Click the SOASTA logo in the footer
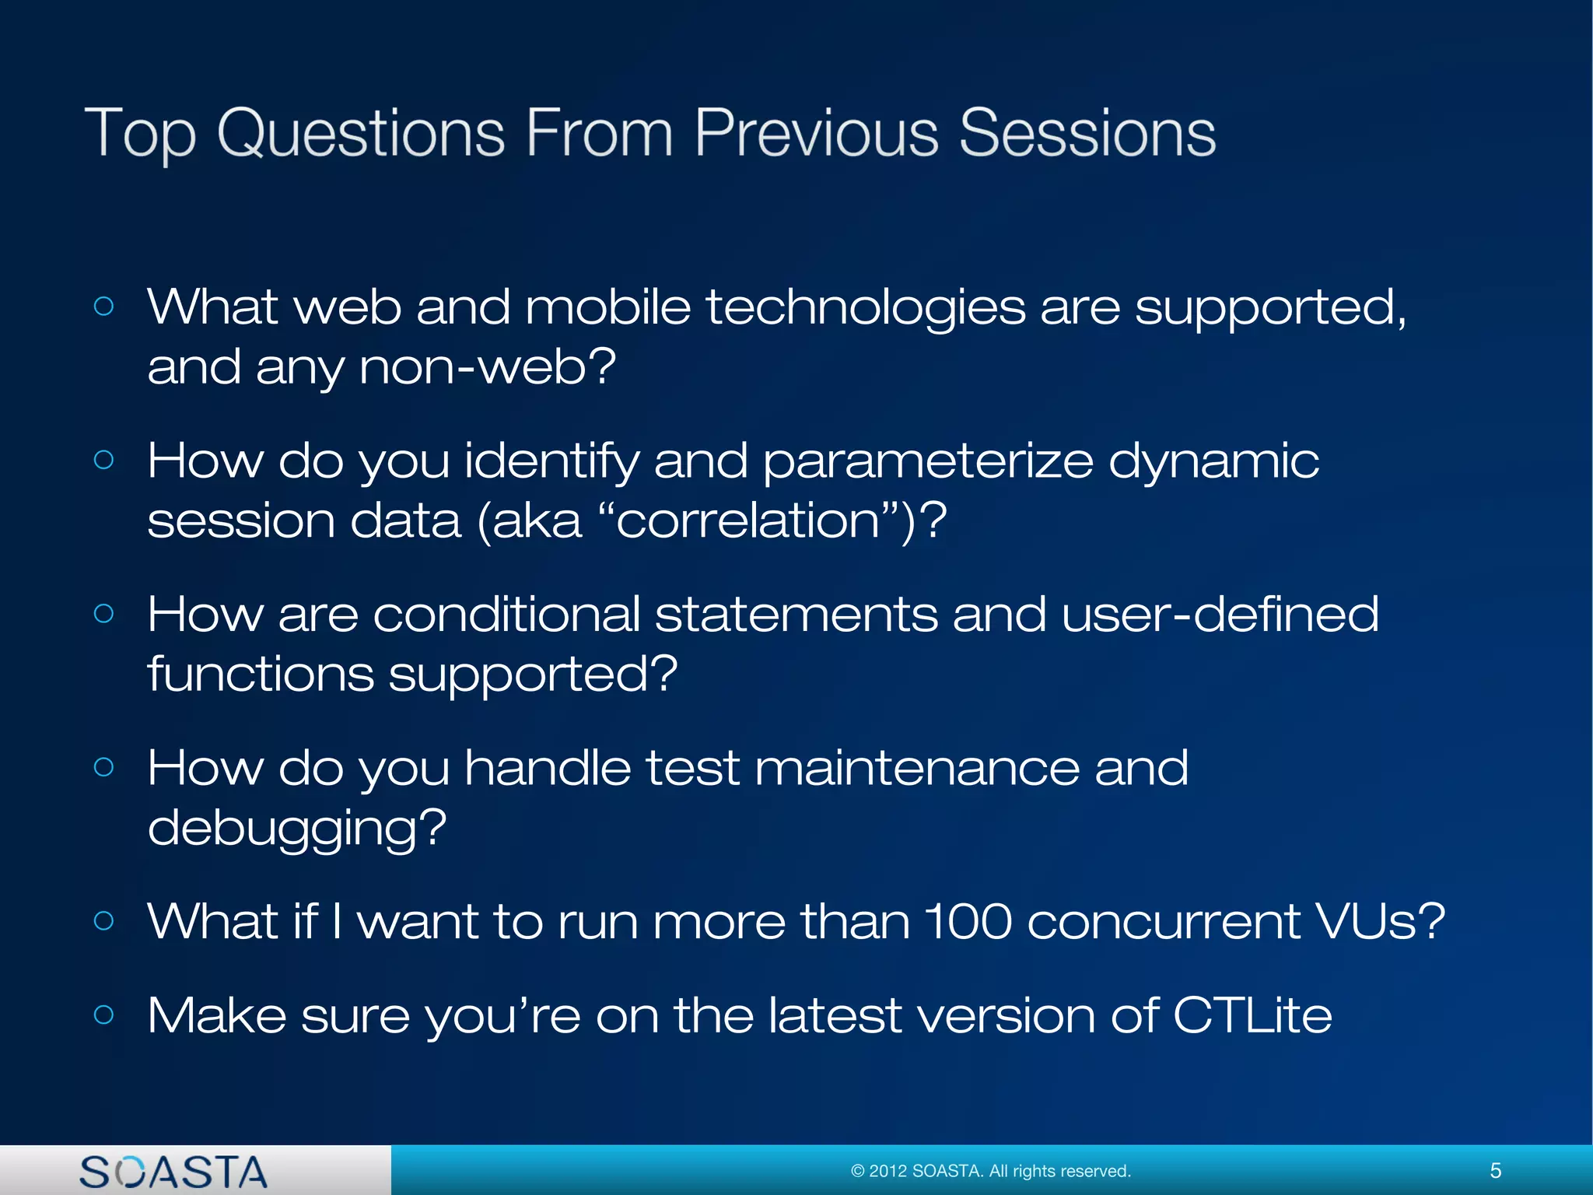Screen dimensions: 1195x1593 (x=173, y=1172)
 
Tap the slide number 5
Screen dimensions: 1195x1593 (x=1495, y=1171)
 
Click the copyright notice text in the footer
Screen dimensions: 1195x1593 (x=991, y=1171)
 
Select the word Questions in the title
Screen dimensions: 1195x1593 (x=361, y=134)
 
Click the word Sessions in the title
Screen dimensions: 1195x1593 (x=1087, y=134)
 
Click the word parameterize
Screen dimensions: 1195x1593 (x=927, y=461)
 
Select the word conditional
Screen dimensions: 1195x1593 (x=506, y=615)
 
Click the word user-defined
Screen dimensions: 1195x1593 (x=1220, y=615)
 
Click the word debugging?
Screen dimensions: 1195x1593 (x=297, y=829)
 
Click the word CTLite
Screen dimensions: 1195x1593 (x=1252, y=1016)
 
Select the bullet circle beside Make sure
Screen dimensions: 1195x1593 (x=103, y=1015)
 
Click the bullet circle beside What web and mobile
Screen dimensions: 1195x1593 (x=103, y=307)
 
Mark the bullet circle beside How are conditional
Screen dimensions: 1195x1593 (x=103, y=614)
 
